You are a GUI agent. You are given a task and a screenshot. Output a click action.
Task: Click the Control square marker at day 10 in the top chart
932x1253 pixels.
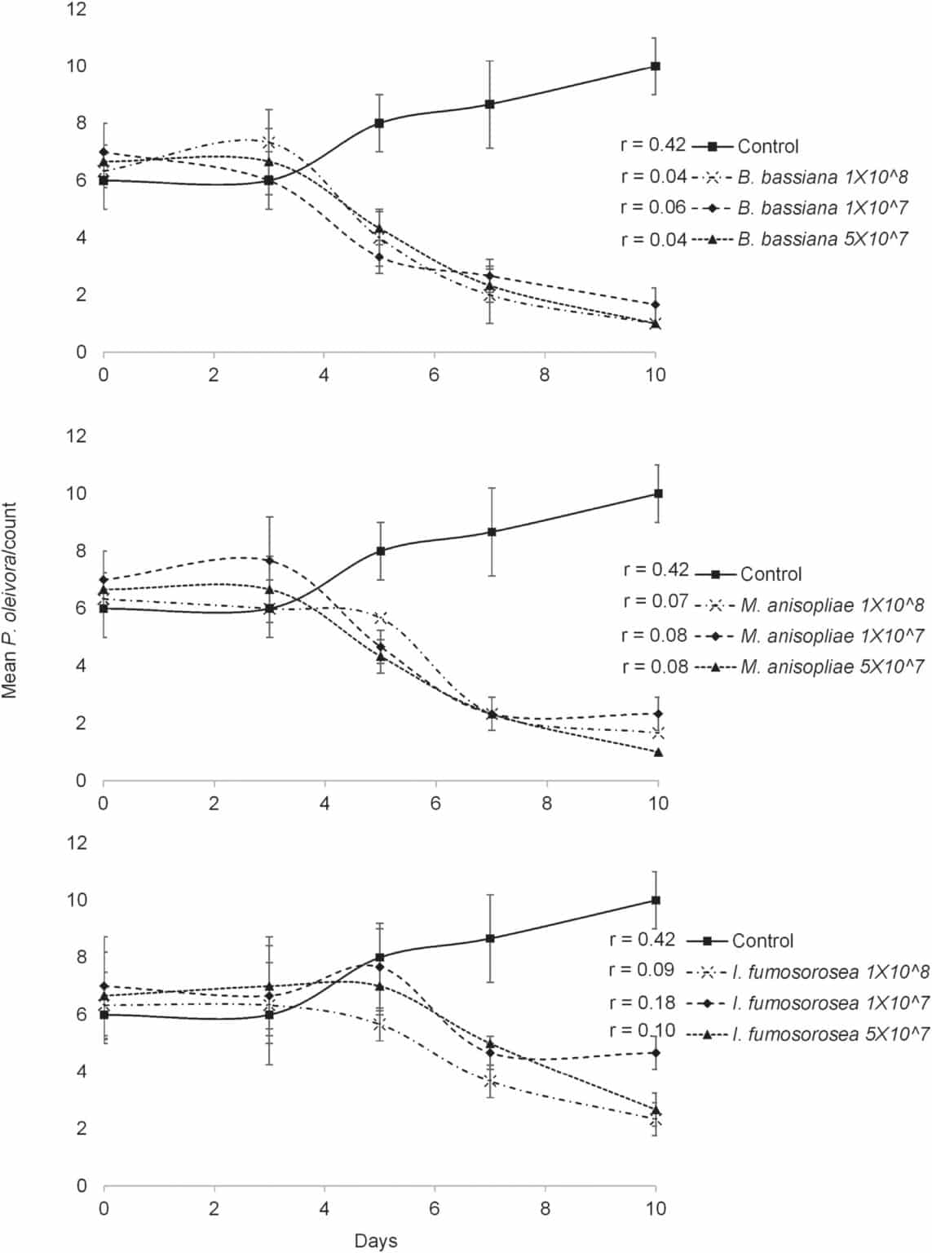coord(655,66)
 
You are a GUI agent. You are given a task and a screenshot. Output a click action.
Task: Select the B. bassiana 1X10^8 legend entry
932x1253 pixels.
coord(822,177)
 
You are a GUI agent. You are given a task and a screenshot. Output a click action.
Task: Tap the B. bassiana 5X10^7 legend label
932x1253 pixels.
coord(822,239)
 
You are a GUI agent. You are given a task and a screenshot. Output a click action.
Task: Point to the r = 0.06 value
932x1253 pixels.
coord(653,207)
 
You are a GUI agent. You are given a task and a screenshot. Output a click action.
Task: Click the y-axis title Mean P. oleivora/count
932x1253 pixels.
coord(10,600)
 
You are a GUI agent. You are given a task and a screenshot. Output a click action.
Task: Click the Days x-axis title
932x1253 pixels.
coord(376,1241)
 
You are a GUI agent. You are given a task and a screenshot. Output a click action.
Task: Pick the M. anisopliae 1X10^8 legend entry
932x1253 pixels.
coord(832,605)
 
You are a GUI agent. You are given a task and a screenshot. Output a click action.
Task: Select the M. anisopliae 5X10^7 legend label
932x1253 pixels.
coord(832,667)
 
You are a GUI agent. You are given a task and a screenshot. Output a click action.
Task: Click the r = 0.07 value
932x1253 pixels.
coord(656,601)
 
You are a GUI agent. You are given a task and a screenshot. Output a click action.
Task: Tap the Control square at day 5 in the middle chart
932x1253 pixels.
coord(380,551)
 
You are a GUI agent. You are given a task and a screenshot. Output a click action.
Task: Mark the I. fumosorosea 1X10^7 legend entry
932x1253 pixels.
coord(830,1003)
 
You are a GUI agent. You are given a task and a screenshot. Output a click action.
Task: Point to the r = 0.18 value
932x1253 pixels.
coord(643,1002)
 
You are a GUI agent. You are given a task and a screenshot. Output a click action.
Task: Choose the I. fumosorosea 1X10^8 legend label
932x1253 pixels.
coord(830,972)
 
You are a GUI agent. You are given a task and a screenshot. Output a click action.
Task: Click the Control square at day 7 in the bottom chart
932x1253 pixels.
coord(490,938)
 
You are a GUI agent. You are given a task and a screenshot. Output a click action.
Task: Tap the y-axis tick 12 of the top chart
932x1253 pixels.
coord(77,10)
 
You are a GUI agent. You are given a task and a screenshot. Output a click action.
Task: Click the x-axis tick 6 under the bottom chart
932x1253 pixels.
coord(435,1208)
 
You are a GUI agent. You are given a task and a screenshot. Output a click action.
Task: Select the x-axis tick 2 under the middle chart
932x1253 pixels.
coord(214,804)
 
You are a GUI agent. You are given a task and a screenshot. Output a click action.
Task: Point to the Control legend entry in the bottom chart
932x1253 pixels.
coord(762,941)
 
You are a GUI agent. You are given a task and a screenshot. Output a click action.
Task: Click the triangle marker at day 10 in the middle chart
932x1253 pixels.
coord(658,752)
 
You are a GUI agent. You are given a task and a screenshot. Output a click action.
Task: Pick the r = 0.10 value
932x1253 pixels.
coord(643,1030)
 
